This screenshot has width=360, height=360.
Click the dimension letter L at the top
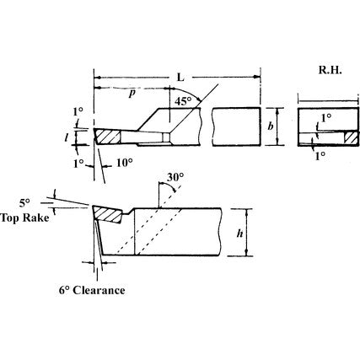tap(180, 78)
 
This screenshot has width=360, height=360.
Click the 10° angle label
tap(124, 162)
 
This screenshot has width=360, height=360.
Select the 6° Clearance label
tap(92, 291)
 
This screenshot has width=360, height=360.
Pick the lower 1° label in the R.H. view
tap(320, 156)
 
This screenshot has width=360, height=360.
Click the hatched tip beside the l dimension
tap(107, 136)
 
